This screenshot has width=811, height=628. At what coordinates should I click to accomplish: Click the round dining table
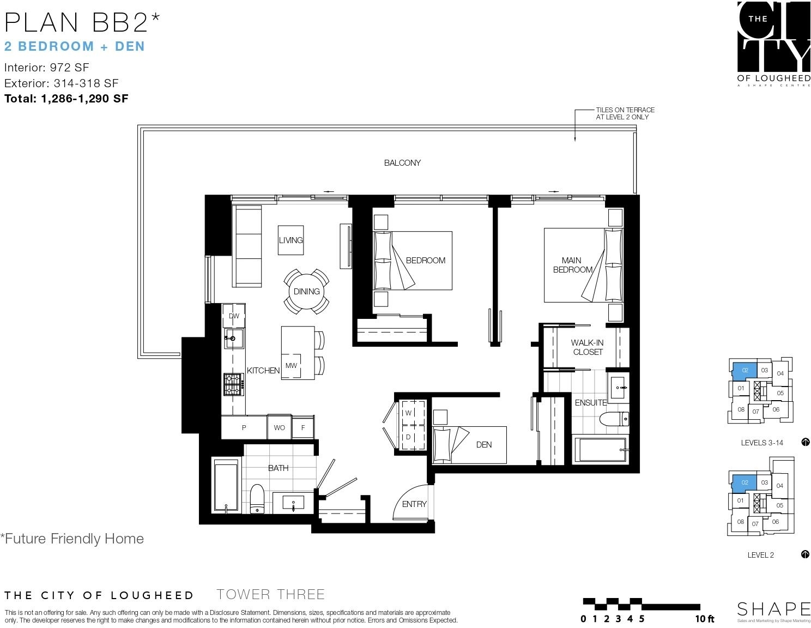306,292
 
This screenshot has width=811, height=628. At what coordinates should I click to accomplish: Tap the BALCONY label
402,162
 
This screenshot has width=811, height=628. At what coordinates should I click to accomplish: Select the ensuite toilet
614,418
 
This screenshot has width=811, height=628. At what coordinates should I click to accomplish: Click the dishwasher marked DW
234,316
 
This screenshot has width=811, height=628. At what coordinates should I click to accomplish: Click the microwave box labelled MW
291,366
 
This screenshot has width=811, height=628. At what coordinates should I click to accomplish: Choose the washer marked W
411,413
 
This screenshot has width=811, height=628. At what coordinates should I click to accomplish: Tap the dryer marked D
411,437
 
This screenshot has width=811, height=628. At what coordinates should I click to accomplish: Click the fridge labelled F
302,427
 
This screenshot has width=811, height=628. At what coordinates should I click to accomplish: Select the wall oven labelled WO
279,427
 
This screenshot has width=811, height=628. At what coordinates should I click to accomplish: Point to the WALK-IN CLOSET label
588,347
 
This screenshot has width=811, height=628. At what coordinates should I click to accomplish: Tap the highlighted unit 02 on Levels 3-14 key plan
744,371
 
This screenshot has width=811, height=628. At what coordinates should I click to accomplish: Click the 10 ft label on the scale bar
704,619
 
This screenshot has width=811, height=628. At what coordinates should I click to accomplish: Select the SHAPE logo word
773,609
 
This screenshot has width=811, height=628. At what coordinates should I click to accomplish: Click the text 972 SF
69,68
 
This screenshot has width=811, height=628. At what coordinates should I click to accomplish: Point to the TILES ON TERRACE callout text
625,113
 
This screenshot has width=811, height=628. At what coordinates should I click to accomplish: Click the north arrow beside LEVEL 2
805,554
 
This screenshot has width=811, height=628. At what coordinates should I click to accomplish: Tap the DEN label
483,444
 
